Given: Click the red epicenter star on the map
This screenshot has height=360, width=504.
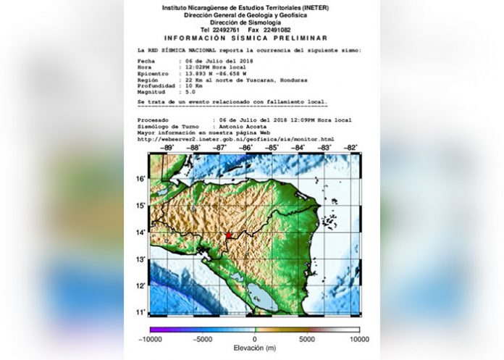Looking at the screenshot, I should [x=229, y=235].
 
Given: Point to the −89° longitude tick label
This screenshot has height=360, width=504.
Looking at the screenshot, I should [x=168, y=148].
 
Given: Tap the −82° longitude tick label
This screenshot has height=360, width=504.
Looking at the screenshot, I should [x=352, y=148].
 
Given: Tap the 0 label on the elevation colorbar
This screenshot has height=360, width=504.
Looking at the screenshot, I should [x=255, y=339].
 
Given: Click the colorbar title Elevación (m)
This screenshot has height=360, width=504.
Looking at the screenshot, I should [x=254, y=348].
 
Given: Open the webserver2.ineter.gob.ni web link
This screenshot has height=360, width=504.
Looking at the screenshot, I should [x=235, y=138].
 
